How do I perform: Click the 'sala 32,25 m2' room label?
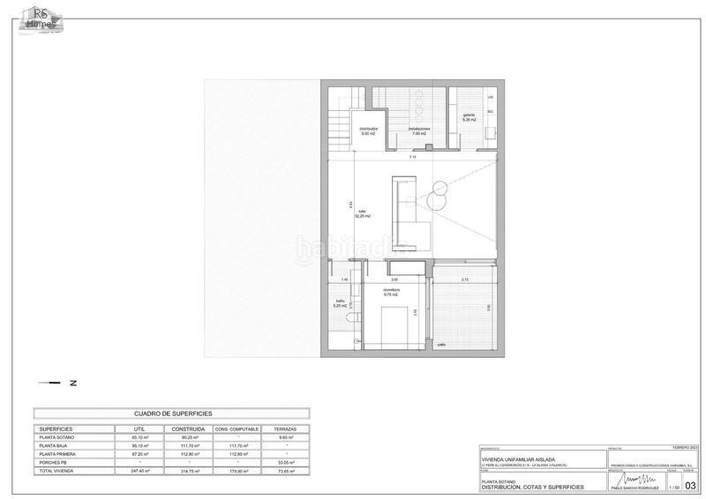362,213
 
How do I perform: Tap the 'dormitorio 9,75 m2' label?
391,293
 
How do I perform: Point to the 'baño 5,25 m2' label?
340,304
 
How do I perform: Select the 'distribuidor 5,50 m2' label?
369,131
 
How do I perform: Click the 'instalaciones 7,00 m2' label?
419,131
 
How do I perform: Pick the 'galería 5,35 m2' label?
469,117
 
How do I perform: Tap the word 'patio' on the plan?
441,345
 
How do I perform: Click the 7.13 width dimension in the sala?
412,157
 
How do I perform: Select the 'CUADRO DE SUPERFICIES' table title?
171,413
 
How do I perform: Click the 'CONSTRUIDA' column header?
190,428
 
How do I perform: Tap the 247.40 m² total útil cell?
139,472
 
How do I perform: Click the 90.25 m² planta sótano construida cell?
190,437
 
